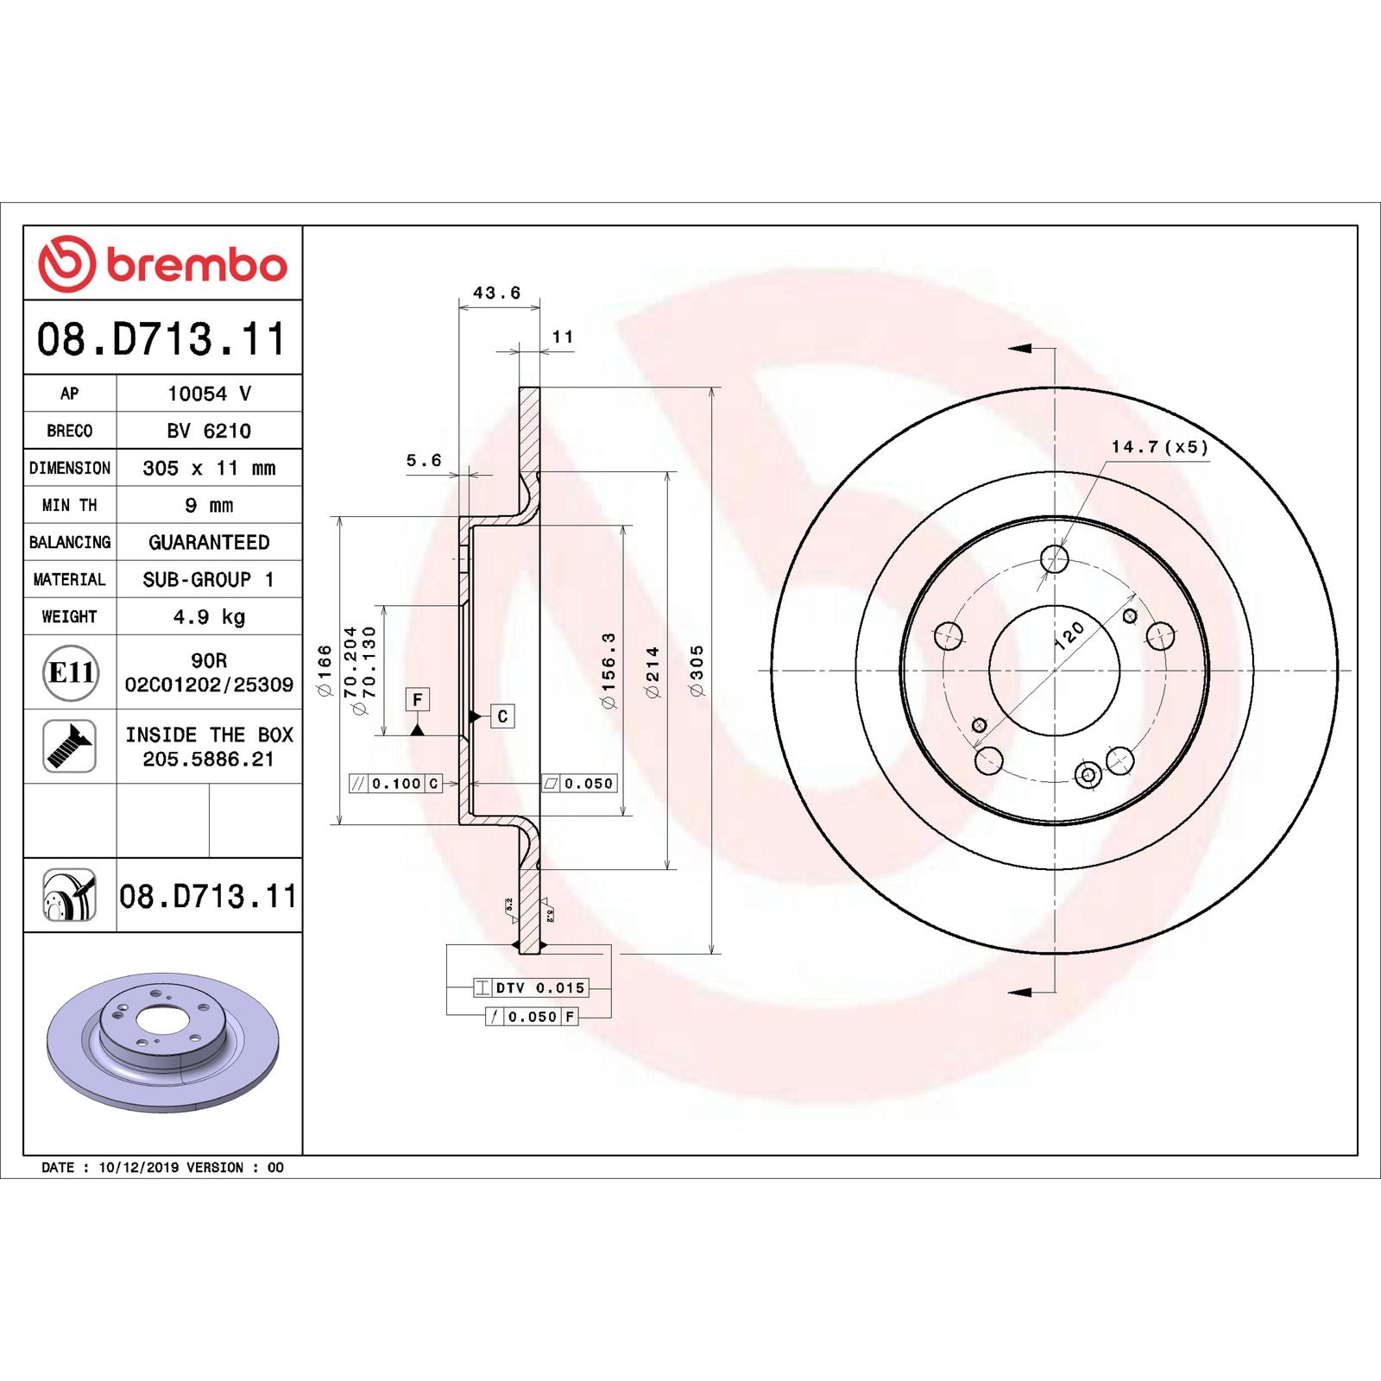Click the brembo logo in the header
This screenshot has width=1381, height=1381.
[162, 263]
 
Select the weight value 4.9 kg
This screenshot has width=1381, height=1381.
[209, 616]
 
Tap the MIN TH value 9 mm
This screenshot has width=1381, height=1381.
[209, 505]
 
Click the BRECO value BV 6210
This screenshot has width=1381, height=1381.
[209, 431]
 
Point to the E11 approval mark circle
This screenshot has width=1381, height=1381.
[70, 672]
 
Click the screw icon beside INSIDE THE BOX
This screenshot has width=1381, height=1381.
[69, 747]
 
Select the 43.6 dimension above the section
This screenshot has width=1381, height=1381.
[497, 293]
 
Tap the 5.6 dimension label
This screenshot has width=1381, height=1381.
[424, 461]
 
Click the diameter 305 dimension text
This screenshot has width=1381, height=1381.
[697, 671]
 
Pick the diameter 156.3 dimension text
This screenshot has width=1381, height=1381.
[609, 671]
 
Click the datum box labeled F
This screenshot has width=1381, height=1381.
[418, 699]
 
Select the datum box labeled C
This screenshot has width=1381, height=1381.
[502, 716]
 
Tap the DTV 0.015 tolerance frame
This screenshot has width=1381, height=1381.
[531, 988]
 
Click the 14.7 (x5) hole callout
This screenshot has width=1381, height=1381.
[1159, 447]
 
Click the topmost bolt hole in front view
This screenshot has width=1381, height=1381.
[1055, 559]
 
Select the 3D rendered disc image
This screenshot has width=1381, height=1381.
[162, 1043]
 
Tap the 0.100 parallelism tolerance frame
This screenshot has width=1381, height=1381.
[395, 784]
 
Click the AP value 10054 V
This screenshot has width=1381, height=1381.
[209, 394]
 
